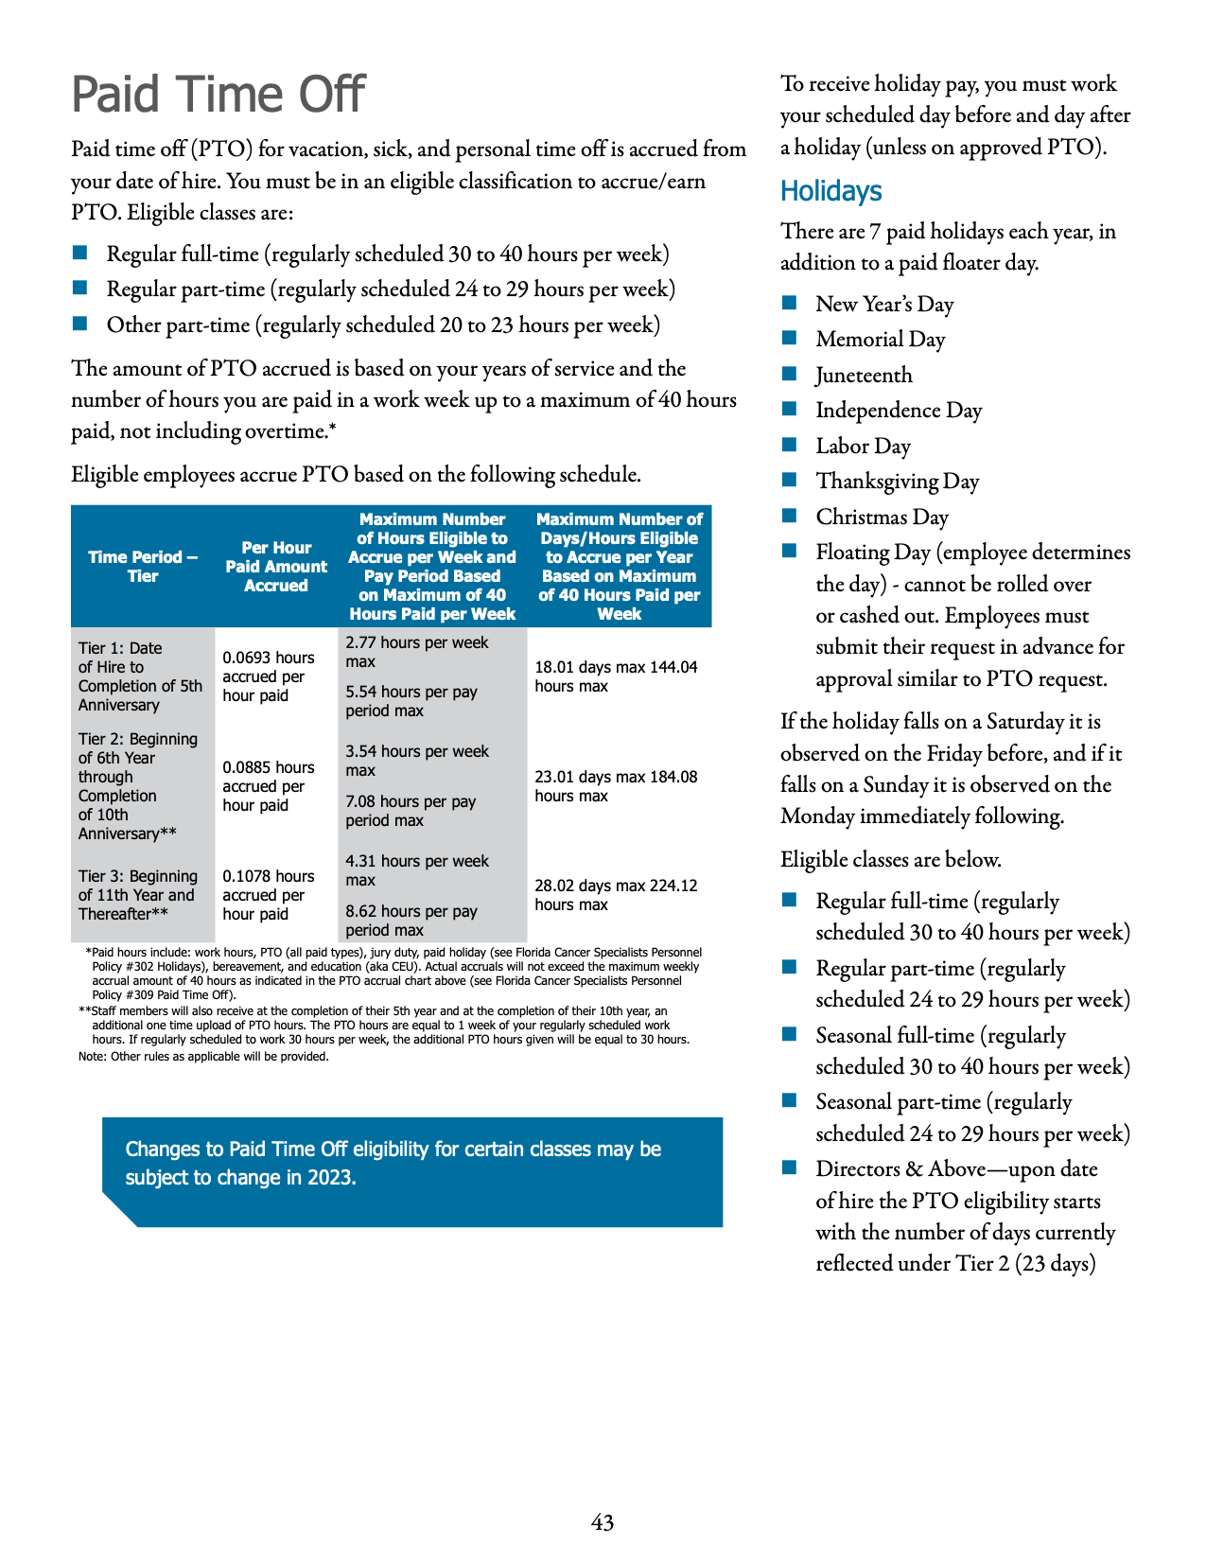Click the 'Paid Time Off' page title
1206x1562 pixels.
pyautogui.click(x=218, y=95)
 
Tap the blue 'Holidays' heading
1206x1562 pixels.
pyautogui.click(x=830, y=191)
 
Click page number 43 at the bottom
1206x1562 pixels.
pyautogui.click(x=603, y=1522)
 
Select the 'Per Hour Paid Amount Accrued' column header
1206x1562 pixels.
pyautogui.click(x=276, y=567)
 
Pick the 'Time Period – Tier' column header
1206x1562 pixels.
pyautogui.click(x=143, y=567)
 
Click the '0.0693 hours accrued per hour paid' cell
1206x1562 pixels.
pyautogui.click(x=269, y=676)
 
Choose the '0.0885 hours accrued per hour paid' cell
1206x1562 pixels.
pyautogui.click(x=269, y=786)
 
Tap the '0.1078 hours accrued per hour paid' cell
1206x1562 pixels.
pyautogui.click(x=269, y=895)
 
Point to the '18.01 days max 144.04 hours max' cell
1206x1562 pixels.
pyautogui.click(x=616, y=676)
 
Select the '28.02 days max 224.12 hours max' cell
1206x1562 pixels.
pyautogui.click(x=616, y=895)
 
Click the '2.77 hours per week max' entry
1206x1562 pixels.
pyautogui.click(x=416, y=652)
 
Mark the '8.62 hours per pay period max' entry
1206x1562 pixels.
pyautogui.click(x=411, y=921)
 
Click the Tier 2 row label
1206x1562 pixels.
pyautogui.click(x=138, y=786)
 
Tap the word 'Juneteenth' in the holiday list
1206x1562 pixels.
pyautogui.click(x=864, y=376)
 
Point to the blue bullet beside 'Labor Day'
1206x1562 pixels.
pyautogui.click(x=790, y=446)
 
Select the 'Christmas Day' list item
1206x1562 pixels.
pyautogui.click(x=882, y=518)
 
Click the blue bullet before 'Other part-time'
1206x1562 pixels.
pyautogui.click(x=79, y=325)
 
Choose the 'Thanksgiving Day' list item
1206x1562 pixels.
pyautogui.click(x=897, y=482)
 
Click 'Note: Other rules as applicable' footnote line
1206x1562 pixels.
pyautogui.click(x=203, y=1057)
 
